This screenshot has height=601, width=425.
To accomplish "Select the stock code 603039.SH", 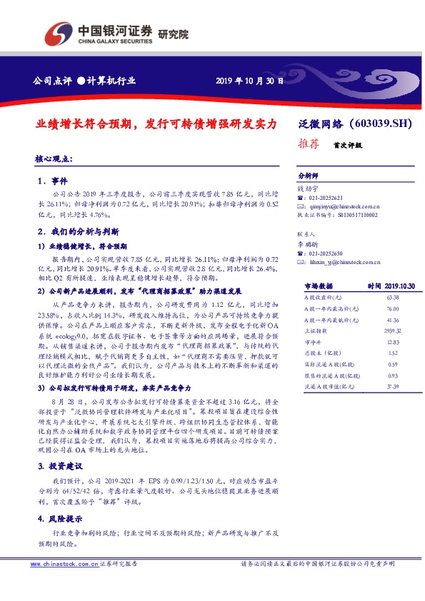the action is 383,123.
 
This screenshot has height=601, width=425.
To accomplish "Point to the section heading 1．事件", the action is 53,181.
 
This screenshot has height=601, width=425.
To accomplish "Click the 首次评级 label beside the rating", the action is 347,144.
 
